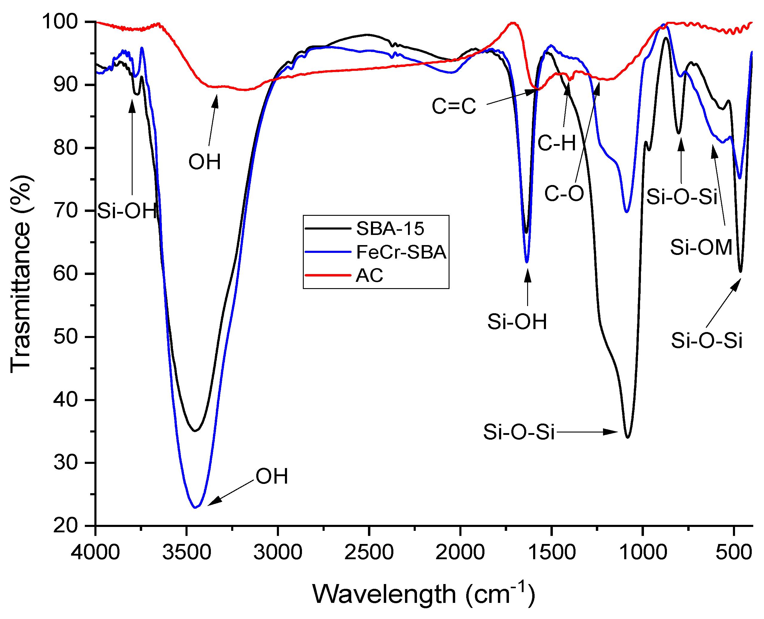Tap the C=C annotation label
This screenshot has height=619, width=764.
(x=454, y=106)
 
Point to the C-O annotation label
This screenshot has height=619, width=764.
(x=564, y=194)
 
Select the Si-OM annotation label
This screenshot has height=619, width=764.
(x=701, y=247)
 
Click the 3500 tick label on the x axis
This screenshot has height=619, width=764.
(x=186, y=552)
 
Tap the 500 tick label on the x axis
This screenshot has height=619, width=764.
(x=734, y=552)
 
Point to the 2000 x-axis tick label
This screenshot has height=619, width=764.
(x=460, y=552)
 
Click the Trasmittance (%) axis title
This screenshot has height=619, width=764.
(x=21, y=274)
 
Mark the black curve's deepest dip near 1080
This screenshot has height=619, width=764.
(x=628, y=437)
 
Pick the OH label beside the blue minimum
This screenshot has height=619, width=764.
(x=271, y=476)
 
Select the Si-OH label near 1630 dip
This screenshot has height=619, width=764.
(x=517, y=322)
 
